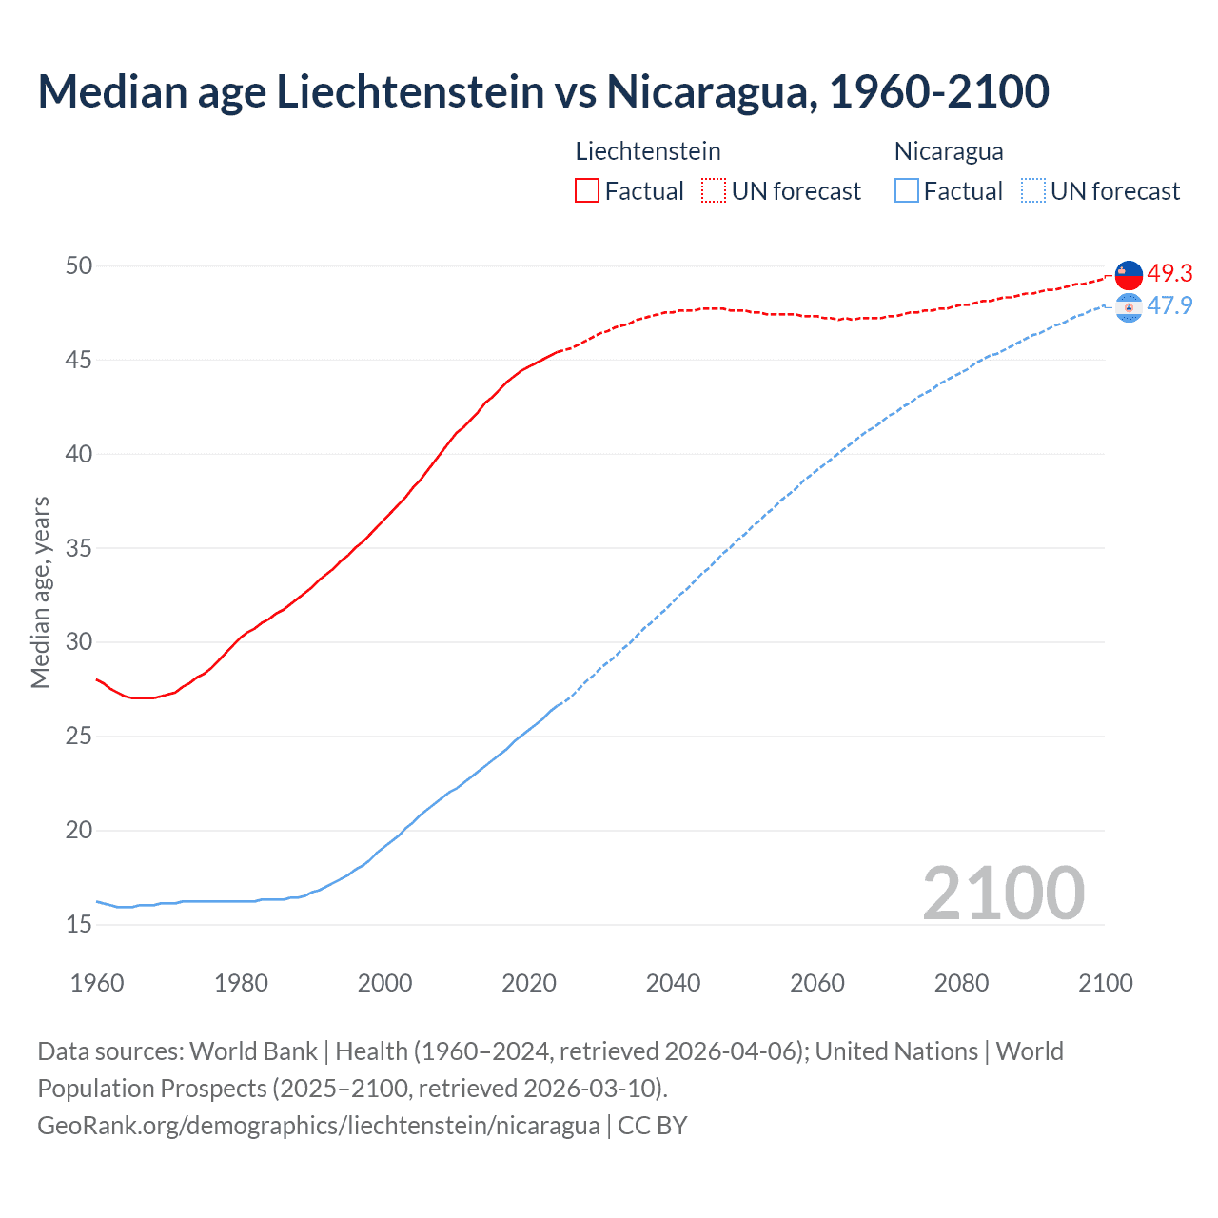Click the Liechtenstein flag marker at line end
click(1129, 275)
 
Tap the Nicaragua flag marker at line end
click(1129, 308)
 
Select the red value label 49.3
click(1169, 273)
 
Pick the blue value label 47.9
click(1169, 305)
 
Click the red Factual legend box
click(587, 191)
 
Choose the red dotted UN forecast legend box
click(714, 191)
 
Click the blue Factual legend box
click(907, 191)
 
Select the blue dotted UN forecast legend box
click(1032, 191)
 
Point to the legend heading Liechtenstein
click(648, 151)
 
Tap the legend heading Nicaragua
click(949, 151)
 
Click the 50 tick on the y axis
click(79, 265)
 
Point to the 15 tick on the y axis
click(79, 924)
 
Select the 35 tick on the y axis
click(79, 548)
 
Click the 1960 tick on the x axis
click(97, 983)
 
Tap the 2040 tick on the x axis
click(673, 983)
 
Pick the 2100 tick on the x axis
click(1105, 983)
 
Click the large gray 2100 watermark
click(1003, 893)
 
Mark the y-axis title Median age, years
click(40, 592)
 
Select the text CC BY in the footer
click(653, 1126)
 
